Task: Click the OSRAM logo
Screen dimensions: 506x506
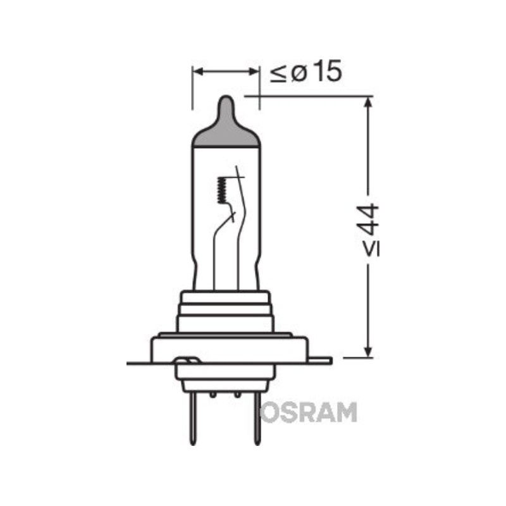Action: pos(309,412)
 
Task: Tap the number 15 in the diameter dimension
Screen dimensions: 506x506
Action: pos(327,71)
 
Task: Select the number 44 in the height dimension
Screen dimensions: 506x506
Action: pos(369,219)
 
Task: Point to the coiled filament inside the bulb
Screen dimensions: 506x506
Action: pos(222,190)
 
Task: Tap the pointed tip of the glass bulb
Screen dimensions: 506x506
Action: pos(226,97)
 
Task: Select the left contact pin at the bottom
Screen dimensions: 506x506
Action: pos(193,419)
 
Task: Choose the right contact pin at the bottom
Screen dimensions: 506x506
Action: pos(257,419)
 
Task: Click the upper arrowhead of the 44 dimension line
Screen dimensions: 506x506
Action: pos(368,102)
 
